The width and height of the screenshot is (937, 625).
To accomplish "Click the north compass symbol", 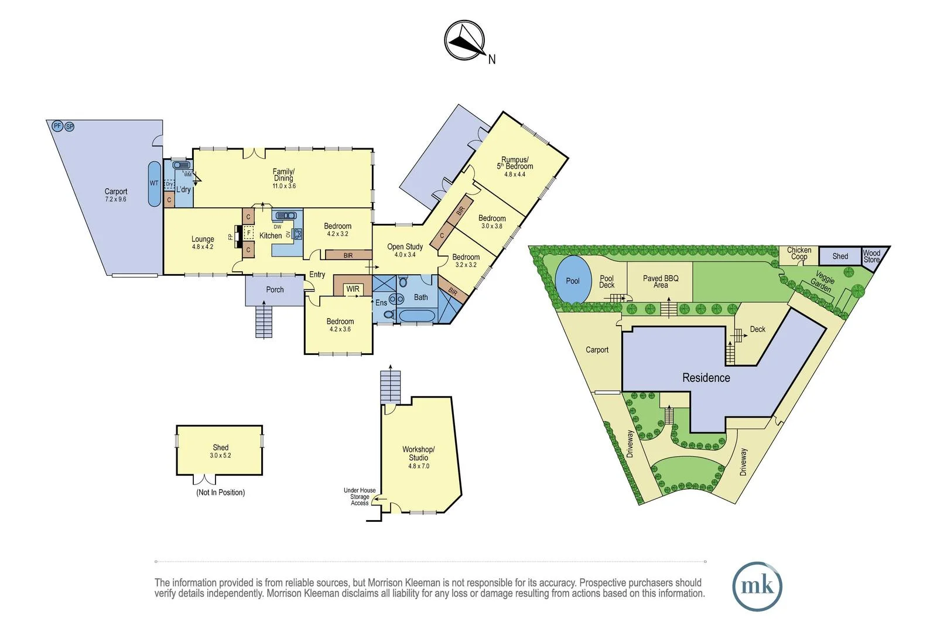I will point(465,41).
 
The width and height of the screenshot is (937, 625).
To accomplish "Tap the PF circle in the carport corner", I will point(57,126).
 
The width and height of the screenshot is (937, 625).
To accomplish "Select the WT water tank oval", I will point(154,183).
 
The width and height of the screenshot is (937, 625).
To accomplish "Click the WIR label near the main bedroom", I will point(353,289).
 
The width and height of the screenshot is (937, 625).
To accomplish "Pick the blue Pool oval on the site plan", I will point(572,281).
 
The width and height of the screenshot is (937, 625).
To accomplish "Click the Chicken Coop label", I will point(799,253).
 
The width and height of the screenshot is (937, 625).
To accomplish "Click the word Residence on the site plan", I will point(706,378).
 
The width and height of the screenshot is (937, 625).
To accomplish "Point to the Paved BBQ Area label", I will point(660,282).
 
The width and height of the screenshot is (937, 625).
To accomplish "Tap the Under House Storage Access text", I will point(359,497).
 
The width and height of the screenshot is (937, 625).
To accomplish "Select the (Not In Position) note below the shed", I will point(220,493).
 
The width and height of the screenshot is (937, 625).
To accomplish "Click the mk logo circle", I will point(757,586).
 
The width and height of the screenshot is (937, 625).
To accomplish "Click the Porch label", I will point(275,289).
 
